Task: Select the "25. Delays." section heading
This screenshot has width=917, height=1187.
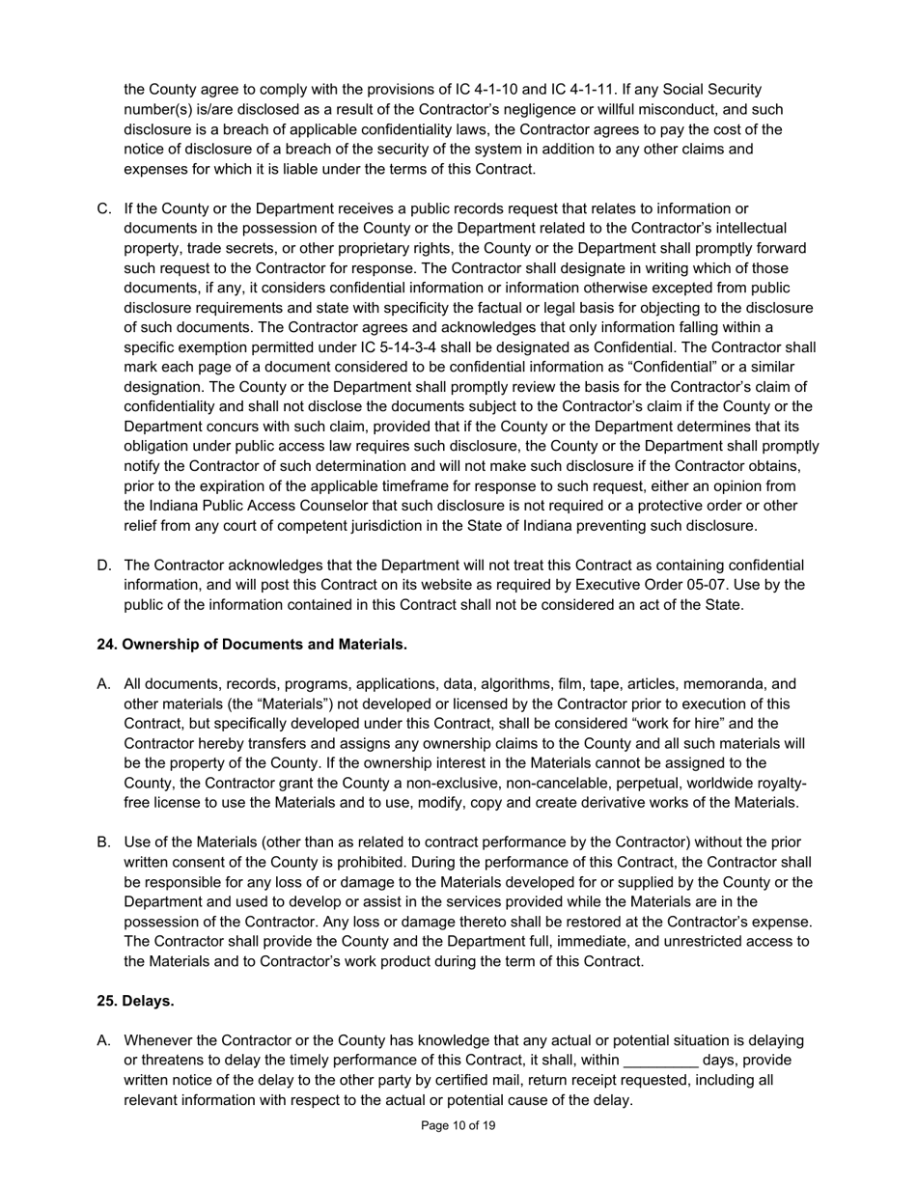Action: click(135, 1001)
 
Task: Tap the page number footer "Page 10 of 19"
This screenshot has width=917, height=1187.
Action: click(458, 1125)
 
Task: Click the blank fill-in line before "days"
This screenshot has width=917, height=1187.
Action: click(661, 1061)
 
